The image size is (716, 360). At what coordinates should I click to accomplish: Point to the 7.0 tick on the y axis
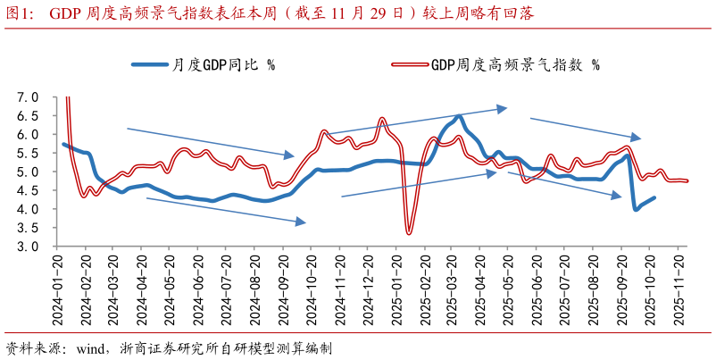[x=29, y=96]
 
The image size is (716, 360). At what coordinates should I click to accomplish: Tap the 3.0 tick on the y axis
[x=29, y=246]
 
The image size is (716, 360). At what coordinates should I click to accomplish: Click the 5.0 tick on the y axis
[x=29, y=172]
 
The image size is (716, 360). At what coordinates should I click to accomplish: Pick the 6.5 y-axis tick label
[x=29, y=115]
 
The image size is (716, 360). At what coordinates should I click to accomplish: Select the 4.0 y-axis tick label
[x=29, y=209]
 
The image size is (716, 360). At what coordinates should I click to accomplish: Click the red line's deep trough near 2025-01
[x=409, y=233]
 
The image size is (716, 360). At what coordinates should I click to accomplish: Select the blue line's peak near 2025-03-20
[x=459, y=116]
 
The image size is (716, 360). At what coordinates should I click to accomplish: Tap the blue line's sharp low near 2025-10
[x=636, y=209]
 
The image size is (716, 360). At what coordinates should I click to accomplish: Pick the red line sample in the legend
[x=410, y=64]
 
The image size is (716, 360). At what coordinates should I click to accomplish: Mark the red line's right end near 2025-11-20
[x=687, y=181]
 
